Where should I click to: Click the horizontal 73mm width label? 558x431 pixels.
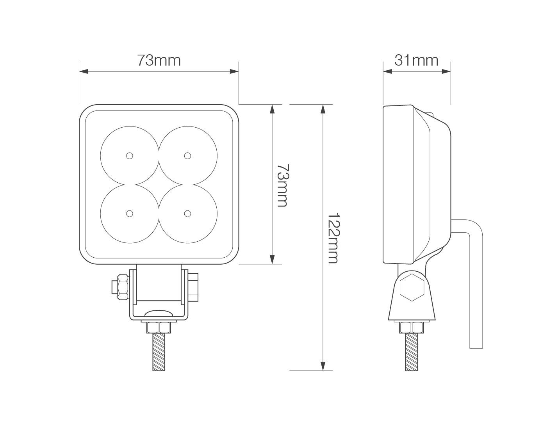click(x=159, y=61)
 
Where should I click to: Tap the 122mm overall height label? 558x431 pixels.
click(x=332, y=238)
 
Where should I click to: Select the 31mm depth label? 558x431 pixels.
click(x=416, y=61)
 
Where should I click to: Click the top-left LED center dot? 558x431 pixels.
click(x=129, y=156)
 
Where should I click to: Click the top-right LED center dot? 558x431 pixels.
click(x=188, y=156)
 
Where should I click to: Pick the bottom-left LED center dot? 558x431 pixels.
click(x=129, y=214)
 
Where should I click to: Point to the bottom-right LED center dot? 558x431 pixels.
click(x=188, y=214)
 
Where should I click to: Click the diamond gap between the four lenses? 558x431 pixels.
click(x=159, y=185)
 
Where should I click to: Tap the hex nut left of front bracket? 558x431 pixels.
click(x=120, y=284)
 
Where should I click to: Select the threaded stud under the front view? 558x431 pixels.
click(x=159, y=352)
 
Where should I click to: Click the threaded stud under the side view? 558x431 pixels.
click(x=411, y=352)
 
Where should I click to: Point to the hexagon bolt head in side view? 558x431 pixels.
click(x=412, y=287)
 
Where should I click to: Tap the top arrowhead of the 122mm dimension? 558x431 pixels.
click(x=323, y=109)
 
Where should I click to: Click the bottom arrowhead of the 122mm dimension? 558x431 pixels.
click(x=323, y=366)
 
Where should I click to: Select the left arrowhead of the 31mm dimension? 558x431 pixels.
click(x=387, y=71)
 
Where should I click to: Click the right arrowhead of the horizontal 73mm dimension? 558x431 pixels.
click(x=234, y=71)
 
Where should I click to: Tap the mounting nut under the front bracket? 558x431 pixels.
click(x=159, y=327)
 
